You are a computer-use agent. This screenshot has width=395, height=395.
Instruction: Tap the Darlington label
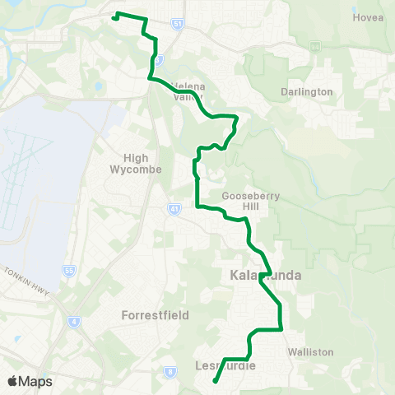[306, 91]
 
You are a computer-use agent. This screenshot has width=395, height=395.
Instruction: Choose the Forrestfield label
[155, 315]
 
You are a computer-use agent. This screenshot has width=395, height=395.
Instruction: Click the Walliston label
[310, 351]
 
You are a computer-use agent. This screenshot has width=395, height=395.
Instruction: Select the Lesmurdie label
[227, 365]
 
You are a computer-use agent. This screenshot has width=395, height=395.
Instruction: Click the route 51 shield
[179, 26]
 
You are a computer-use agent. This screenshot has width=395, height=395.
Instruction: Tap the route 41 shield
[174, 209]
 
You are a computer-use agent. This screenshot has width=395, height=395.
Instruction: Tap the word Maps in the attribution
[36, 381]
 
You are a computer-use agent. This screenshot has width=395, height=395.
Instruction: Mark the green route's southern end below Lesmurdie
[215, 381]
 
